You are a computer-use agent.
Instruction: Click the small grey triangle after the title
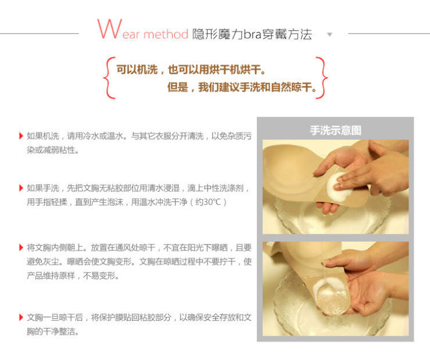coord(329,34)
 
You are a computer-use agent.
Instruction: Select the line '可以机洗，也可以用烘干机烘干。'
coord(191,69)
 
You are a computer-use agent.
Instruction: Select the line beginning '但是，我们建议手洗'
coord(242,88)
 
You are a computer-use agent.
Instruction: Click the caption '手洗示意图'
coord(335,130)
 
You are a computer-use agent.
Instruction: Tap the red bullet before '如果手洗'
coord(21,188)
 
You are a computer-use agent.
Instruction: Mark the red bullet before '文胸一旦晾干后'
coord(21,318)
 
